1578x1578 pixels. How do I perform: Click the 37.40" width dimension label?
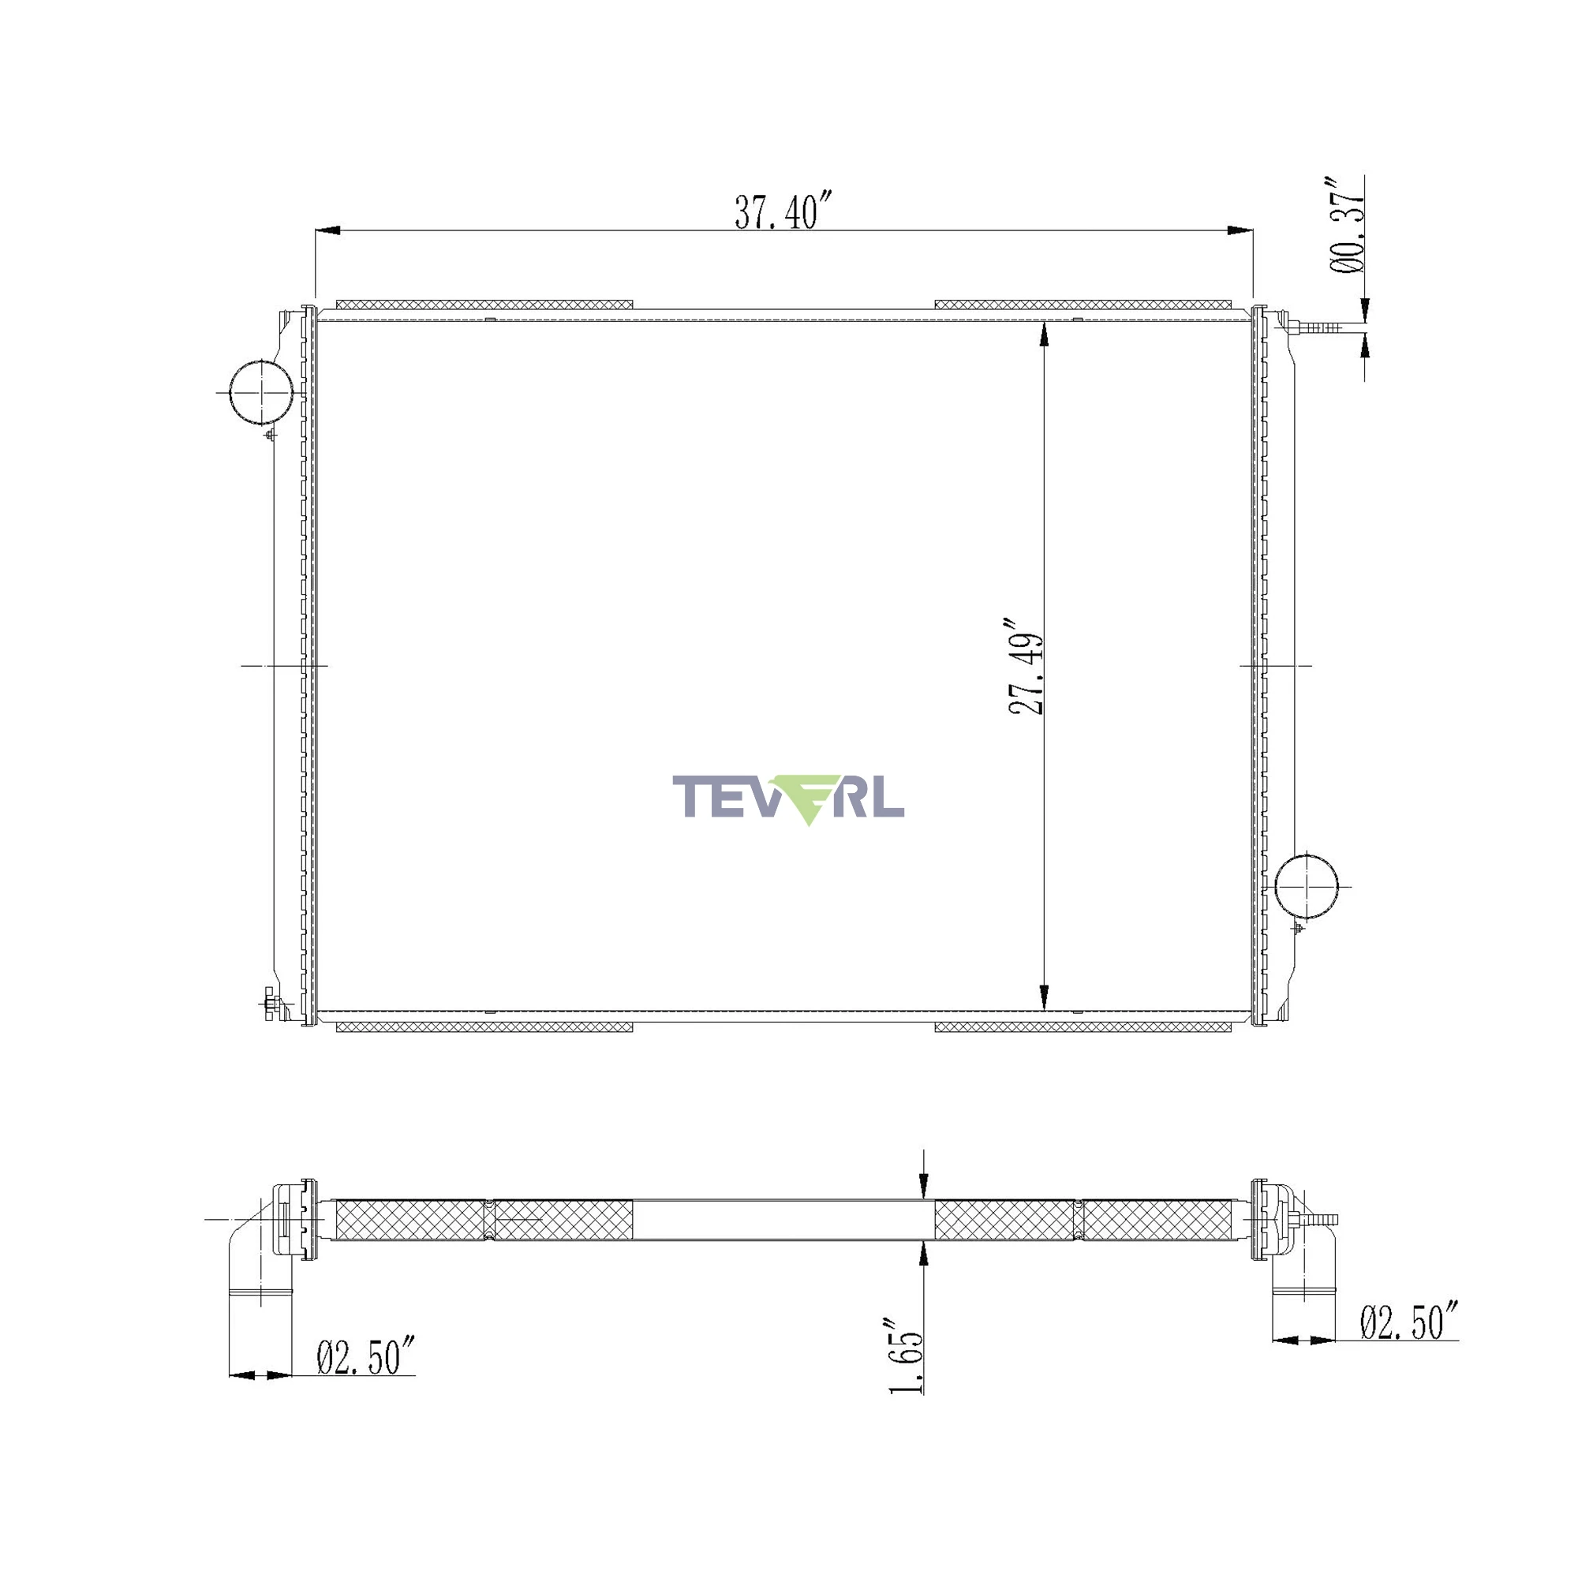pyautogui.click(x=783, y=211)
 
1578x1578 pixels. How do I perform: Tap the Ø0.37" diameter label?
pyautogui.click(x=1347, y=224)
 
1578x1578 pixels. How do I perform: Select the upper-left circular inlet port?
pyautogui.click(x=260, y=392)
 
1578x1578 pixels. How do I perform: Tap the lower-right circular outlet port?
pyautogui.click(x=1307, y=886)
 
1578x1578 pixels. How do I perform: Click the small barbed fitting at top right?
pyautogui.click(x=1316, y=327)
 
